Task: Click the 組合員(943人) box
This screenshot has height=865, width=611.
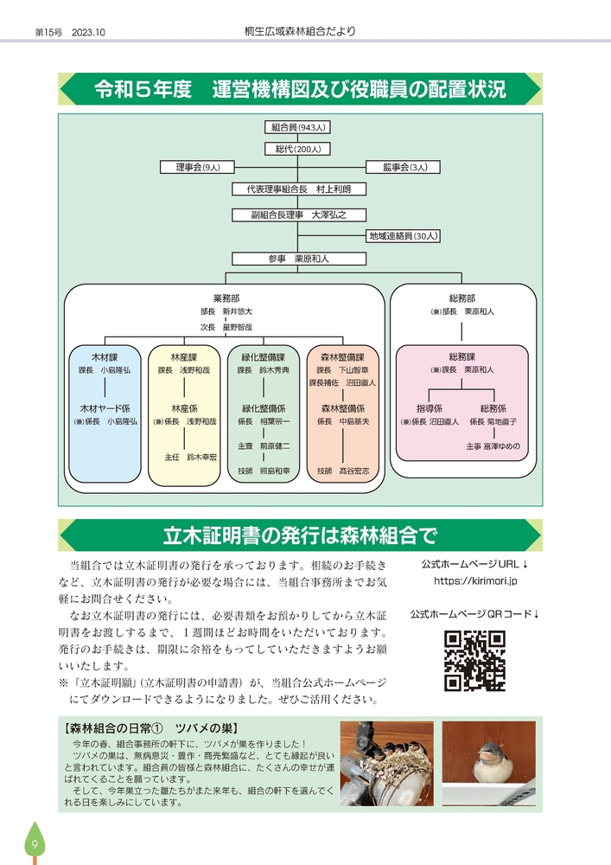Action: [x=298, y=127]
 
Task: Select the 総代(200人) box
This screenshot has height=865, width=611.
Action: [x=298, y=149]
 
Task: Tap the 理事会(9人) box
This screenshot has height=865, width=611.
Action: [x=198, y=167]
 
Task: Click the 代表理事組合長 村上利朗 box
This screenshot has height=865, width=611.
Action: [x=298, y=189]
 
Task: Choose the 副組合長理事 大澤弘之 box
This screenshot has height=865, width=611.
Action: [x=298, y=215]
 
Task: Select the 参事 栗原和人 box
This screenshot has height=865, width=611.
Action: [x=298, y=258]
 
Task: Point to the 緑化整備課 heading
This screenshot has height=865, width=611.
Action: [x=264, y=356]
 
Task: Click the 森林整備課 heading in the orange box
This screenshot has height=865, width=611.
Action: [x=342, y=356]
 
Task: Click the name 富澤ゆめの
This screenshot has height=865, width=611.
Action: [x=502, y=446]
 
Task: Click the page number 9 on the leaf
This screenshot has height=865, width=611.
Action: [x=34, y=844]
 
